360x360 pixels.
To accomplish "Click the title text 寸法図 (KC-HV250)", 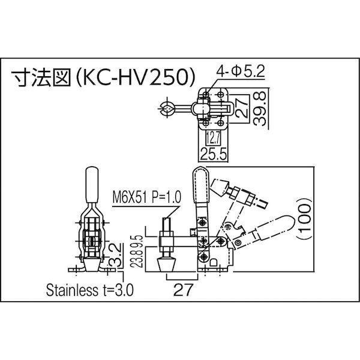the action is pyautogui.click(x=104, y=77).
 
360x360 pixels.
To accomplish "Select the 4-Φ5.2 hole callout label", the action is pyautogui.click(x=241, y=71).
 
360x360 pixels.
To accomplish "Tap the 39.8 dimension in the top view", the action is pyautogui.click(x=260, y=109).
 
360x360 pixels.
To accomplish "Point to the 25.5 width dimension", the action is pyautogui.click(x=214, y=154).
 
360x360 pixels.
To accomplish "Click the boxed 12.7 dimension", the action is pyautogui.click(x=213, y=138).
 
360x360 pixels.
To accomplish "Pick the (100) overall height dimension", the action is pyautogui.click(x=305, y=218).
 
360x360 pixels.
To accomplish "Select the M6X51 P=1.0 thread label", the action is pyautogui.click(x=147, y=197).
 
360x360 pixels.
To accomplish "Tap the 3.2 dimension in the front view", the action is pyautogui.click(x=116, y=256).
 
